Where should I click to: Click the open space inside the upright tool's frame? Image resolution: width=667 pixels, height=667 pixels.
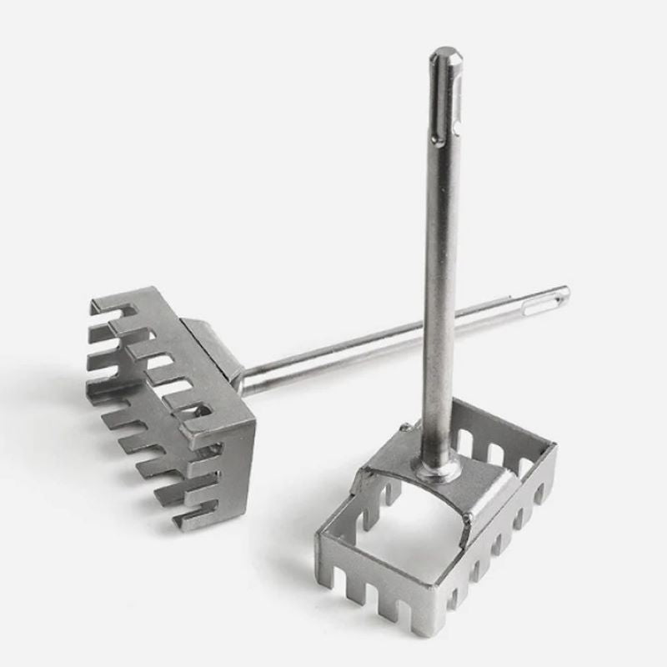[x=392, y=534]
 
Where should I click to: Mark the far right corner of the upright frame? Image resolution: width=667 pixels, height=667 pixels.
[x=551, y=450]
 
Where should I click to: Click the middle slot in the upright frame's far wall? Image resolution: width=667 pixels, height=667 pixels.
[x=494, y=454]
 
